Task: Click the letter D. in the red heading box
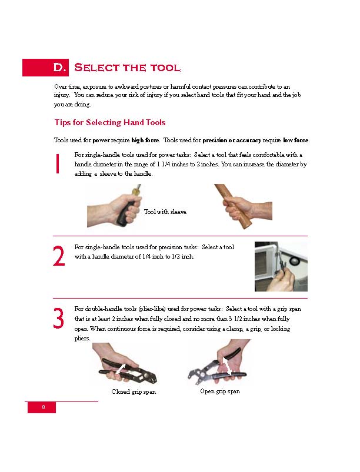coord(60,68)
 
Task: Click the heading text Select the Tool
coord(127,68)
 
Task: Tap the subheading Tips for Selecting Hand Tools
coord(110,123)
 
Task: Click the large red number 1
coord(58,164)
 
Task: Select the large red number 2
coord(59,257)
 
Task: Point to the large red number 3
coord(59,319)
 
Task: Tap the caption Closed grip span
coord(134,391)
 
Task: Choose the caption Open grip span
coord(219,391)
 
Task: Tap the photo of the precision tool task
coord(281,266)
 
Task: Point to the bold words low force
coord(296,140)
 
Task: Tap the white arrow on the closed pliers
coord(121,368)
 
